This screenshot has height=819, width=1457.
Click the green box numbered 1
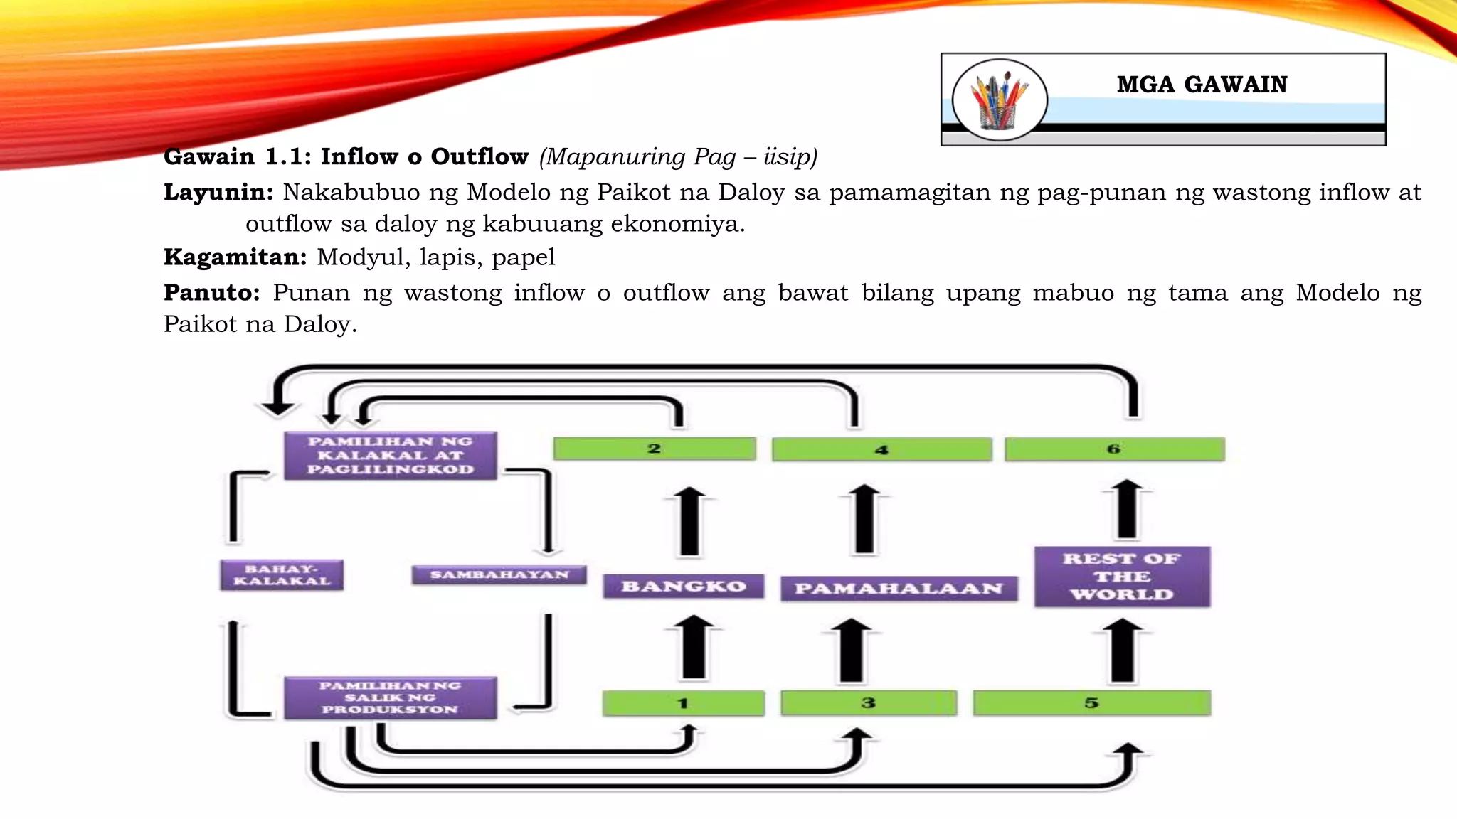coord(683,703)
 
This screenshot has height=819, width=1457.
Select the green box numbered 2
coord(655,449)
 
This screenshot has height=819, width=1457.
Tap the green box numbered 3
coord(868,703)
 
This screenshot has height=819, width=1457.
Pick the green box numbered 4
coord(881,449)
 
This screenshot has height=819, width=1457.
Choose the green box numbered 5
coord(1091,703)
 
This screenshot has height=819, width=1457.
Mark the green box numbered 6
coord(1114,449)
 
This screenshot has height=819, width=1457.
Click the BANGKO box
coord(683,587)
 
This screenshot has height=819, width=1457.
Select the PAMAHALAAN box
coord(899,589)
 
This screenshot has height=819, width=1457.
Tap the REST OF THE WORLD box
coord(1122,577)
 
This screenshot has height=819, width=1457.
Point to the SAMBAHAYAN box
coord(499,574)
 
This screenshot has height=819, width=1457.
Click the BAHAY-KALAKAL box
coord(282,575)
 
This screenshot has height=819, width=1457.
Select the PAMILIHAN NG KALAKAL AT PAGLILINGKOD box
coord(390,455)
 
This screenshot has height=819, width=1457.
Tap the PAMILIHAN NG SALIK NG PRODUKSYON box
coord(390,697)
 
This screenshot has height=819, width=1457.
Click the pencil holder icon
coord(999,100)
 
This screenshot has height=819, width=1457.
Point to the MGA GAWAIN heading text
coord(1202,85)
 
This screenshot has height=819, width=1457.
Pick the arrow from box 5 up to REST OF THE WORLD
coord(1123,650)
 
